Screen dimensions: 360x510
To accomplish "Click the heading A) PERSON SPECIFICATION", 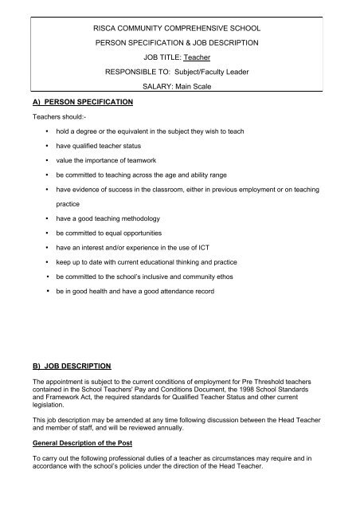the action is (x=68, y=102).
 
